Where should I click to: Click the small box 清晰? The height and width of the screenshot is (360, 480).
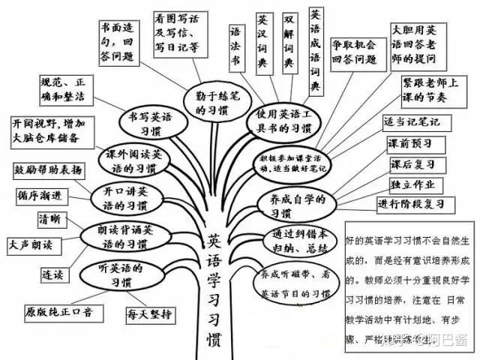(52, 220)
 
